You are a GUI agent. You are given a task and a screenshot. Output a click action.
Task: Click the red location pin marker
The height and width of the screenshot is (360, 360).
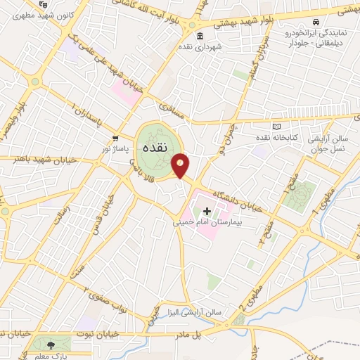[181, 165]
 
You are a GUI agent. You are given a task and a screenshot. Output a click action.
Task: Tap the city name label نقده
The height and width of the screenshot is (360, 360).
[154, 149]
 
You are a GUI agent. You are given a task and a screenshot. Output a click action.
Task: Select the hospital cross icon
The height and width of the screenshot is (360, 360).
[207, 211]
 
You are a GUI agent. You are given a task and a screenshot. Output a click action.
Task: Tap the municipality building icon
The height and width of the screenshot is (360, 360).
[200, 37]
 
